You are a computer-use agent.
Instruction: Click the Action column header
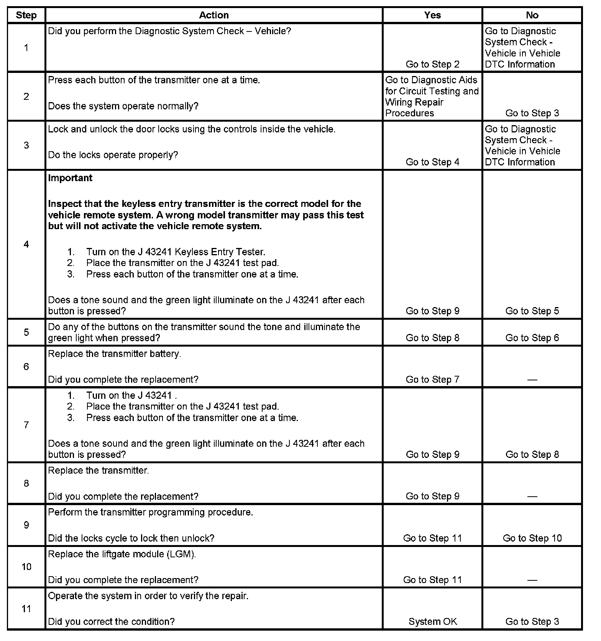coord(214,15)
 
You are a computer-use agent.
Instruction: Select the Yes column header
coord(432,15)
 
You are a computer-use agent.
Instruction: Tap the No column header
coord(532,15)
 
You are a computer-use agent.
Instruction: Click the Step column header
coord(26,15)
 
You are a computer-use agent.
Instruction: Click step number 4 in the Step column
coord(26,244)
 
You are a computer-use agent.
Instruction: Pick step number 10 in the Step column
coord(26,567)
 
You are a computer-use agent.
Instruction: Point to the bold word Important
coord(70,178)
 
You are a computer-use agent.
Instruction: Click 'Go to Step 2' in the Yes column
coord(432,64)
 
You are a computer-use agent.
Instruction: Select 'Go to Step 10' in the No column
coord(532,538)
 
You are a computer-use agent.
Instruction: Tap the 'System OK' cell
coord(432,621)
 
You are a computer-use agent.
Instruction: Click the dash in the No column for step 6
coord(532,380)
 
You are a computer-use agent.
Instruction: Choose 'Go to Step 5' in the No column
coord(532,311)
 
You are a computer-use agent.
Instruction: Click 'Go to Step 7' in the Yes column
coord(432,380)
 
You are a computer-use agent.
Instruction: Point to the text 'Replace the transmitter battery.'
coord(114,354)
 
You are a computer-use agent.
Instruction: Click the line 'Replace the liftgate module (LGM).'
coord(122,554)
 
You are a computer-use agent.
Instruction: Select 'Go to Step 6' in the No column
coord(532,338)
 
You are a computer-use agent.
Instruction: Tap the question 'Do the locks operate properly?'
coord(113,155)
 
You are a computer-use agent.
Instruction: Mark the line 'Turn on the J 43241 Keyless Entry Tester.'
coord(176,252)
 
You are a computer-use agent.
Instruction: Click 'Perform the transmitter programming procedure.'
coord(150,512)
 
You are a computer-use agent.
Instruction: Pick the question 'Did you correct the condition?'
coord(111,621)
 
